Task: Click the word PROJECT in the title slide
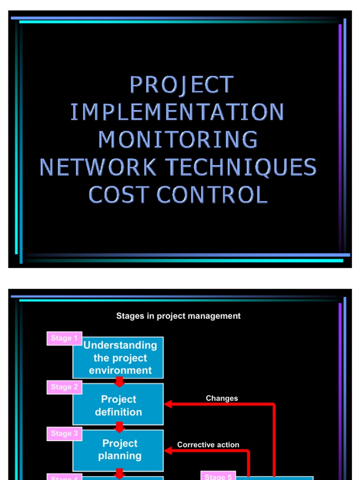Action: pyautogui.click(x=181, y=85)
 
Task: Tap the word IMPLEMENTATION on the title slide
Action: pyautogui.click(x=177, y=112)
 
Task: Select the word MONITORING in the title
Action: pyautogui.click(x=178, y=140)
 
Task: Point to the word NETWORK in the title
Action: pyautogui.click(x=98, y=167)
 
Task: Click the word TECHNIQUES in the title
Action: pyautogui.click(x=240, y=167)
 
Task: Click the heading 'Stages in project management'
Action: pyautogui.click(x=178, y=316)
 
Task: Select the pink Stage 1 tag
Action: pyautogui.click(x=64, y=338)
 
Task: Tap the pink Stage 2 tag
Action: pyautogui.click(x=64, y=387)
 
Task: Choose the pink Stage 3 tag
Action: pyautogui.click(x=64, y=434)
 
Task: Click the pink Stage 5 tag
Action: pyautogui.click(x=218, y=476)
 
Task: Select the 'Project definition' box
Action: pyautogui.click(x=118, y=405)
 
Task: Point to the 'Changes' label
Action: pyautogui.click(x=222, y=398)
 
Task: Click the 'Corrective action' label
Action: pyautogui.click(x=208, y=444)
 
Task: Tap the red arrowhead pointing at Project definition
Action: pyautogui.click(x=168, y=404)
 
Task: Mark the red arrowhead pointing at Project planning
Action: pyautogui.click(x=168, y=450)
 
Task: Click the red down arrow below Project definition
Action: pyautogui.click(x=120, y=427)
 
